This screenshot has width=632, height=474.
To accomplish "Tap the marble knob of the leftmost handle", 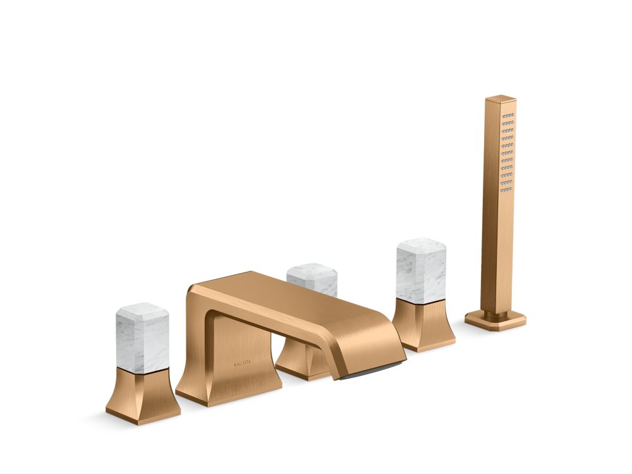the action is tap(142, 337).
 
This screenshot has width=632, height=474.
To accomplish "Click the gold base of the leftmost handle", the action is tap(143, 395).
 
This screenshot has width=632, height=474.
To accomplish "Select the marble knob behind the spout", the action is tap(312, 279).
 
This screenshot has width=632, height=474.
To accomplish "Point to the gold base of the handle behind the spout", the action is tap(301, 361).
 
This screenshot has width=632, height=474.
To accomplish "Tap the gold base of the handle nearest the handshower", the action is tap(423, 324).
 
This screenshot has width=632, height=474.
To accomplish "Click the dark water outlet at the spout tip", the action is tap(372, 371).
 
